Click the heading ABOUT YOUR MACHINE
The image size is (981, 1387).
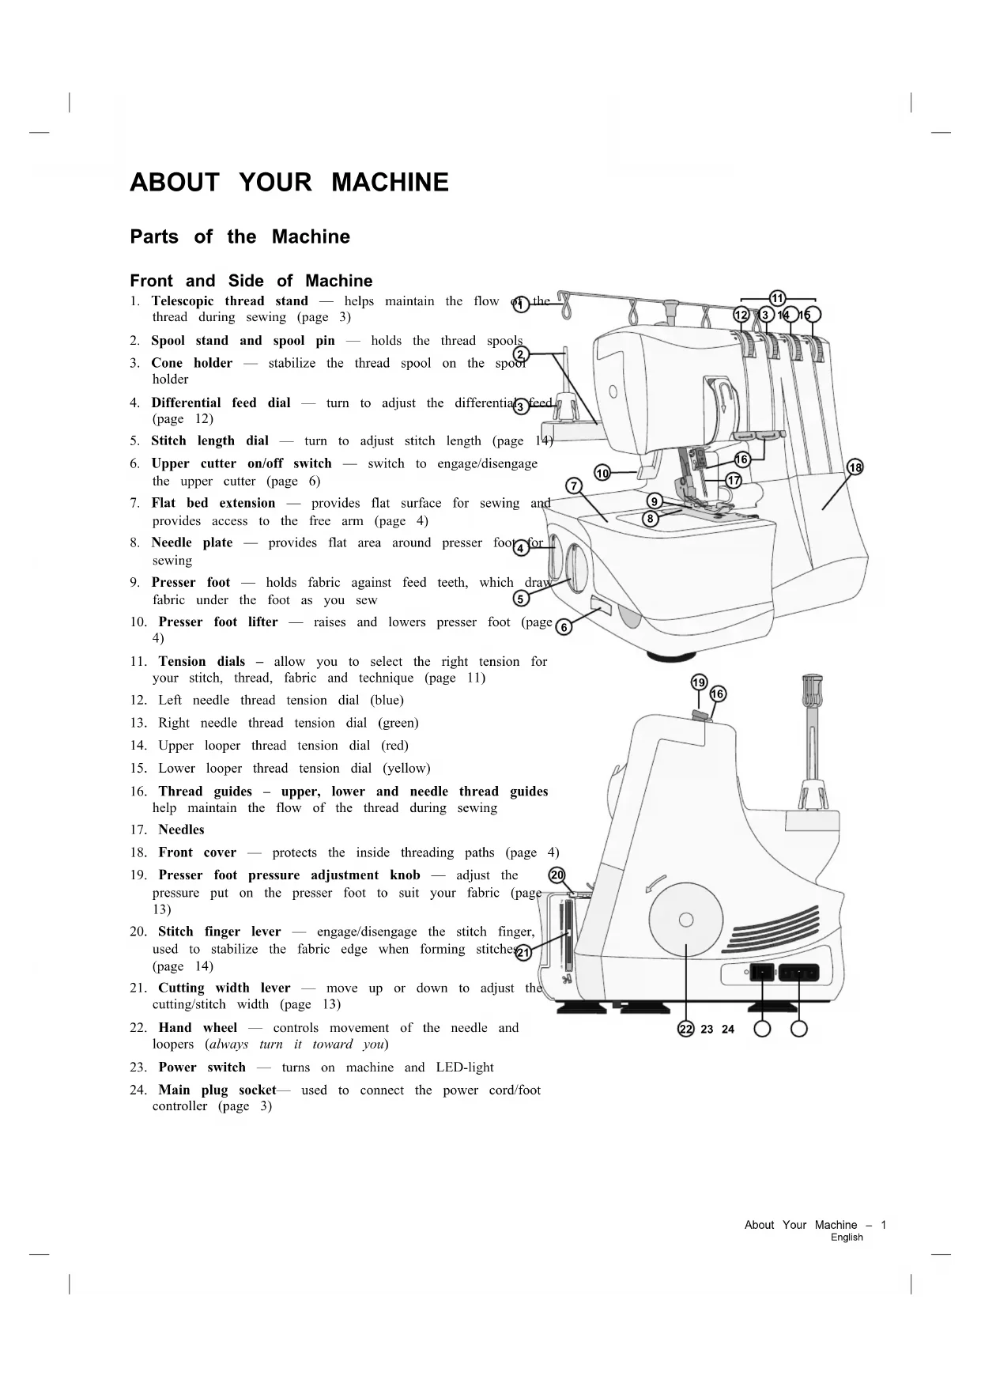pos(289,183)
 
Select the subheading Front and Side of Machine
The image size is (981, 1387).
pos(251,281)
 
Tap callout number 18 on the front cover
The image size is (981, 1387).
pos(855,467)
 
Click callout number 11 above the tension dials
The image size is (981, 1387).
pos(777,298)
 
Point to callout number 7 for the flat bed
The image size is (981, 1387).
pos(575,486)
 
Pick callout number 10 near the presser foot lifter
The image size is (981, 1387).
pos(602,474)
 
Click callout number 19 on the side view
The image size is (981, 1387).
pos(699,682)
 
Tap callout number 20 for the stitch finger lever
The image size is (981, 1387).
pos(557,875)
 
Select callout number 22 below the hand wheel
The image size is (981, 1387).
pos(685,1029)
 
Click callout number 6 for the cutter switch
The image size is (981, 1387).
pos(564,627)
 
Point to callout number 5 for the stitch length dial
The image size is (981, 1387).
pos(521,599)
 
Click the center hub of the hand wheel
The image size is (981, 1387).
pos(686,919)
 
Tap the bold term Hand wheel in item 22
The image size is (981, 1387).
pos(198,1028)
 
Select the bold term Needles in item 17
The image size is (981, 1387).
pos(181,830)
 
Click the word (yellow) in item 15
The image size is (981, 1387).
pos(406,769)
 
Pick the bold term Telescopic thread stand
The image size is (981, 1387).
pos(229,301)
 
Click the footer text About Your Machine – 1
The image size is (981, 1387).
pos(815,1225)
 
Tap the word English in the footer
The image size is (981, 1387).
pos(847,1238)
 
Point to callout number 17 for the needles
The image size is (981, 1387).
pos(734,481)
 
